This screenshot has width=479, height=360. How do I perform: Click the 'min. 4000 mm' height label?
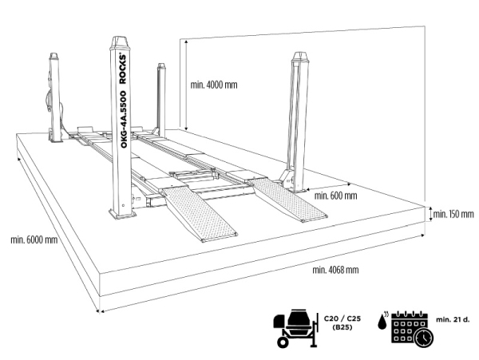point(214,85)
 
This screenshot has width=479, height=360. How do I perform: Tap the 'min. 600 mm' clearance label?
point(335,196)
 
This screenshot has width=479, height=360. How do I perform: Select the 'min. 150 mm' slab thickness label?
point(453,214)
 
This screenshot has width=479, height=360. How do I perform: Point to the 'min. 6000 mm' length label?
point(34,239)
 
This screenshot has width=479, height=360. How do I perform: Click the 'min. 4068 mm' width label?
point(335,270)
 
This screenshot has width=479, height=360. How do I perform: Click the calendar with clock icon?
point(413,329)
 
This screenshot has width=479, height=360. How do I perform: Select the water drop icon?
point(382,322)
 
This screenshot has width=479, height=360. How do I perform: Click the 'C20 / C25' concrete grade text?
point(342,318)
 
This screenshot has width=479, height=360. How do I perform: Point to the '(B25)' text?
point(342,327)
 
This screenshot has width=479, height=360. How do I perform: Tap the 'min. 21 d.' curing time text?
point(453,320)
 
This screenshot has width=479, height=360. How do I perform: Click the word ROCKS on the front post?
point(122,69)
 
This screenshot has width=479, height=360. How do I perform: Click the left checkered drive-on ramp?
point(200,214)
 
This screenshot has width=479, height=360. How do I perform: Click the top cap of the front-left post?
point(120,42)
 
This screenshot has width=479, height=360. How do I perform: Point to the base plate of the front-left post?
point(122,213)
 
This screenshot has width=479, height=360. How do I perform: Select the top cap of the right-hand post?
point(300,57)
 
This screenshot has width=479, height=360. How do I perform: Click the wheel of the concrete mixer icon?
point(283,342)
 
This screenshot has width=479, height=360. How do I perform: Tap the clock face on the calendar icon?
point(424,338)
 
